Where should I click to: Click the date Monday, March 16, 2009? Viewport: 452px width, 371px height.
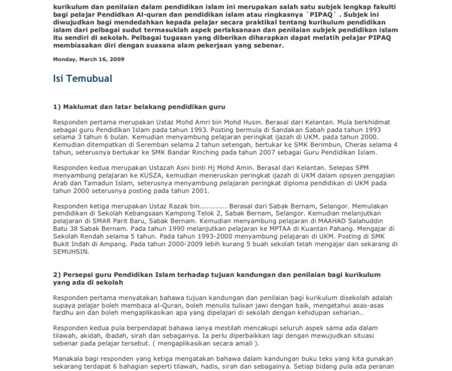click(89, 59)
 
